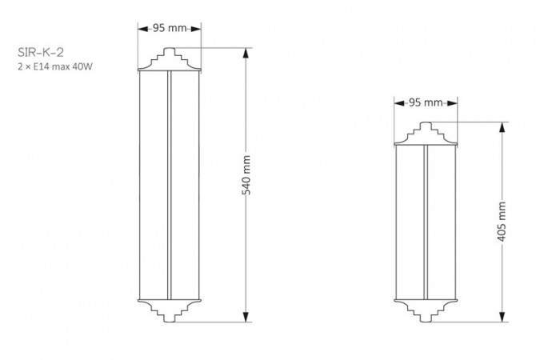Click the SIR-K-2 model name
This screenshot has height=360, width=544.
click(41, 52)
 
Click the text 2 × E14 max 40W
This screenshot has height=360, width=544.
click(55, 66)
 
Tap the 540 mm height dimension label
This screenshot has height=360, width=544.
click(246, 175)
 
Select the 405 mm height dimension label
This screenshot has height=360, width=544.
click(502, 222)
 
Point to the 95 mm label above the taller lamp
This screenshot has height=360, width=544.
click(170, 28)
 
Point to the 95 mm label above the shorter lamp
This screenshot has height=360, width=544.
click(426, 102)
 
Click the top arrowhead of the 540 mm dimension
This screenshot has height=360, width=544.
click(246, 53)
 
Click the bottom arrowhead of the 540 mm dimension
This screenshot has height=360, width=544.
click(246, 317)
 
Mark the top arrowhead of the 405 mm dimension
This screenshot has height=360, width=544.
click(502, 128)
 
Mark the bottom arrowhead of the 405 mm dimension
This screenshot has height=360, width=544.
click(502, 317)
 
